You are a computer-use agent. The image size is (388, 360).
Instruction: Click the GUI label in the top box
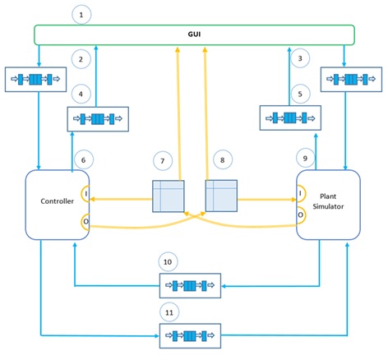[x=194, y=35]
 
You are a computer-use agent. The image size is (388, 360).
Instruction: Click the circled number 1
[x=80, y=13]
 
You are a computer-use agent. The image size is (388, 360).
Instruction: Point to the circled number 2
[x=80, y=59]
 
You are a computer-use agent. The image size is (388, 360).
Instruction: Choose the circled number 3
[x=302, y=58]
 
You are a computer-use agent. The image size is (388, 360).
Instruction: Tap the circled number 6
[x=81, y=158]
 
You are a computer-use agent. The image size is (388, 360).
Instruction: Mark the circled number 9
[x=305, y=156]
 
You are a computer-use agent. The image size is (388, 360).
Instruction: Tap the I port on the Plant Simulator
[x=301, y=195]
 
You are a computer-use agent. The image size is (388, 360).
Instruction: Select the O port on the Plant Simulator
[x=301, y=215]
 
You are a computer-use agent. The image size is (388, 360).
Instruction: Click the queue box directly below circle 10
[x=190, y=286]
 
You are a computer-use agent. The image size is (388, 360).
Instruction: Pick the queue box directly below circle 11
[x=190, y=335]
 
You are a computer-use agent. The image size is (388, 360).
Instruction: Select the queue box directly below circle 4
[x=98, y=119]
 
